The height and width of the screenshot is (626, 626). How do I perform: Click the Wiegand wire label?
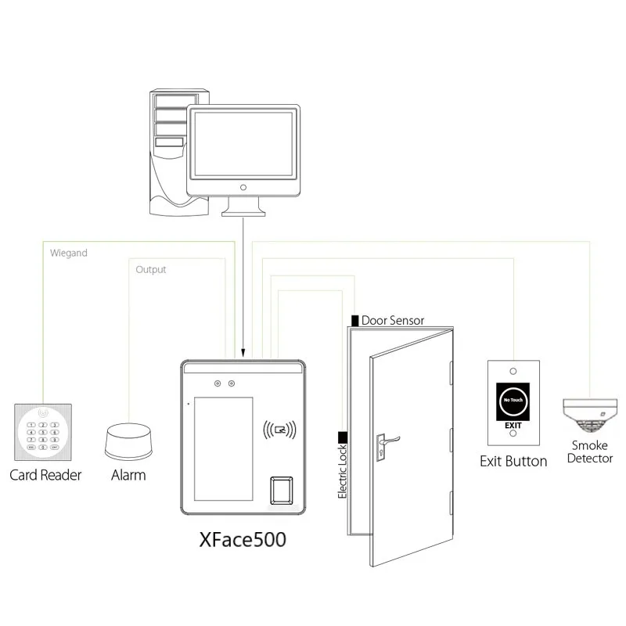pos(69,253)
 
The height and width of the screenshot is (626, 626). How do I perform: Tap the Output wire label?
pos(151,269)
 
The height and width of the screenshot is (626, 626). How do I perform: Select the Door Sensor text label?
pos(393,321)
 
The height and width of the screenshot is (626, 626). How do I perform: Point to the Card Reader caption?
pos(45,475)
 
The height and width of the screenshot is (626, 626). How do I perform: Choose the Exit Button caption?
pos(513,461)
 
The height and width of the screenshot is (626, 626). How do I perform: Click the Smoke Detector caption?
pos(590,452)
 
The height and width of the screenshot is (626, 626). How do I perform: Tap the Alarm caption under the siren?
pos(128,475)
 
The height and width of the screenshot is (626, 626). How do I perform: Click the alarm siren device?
pos(129,440)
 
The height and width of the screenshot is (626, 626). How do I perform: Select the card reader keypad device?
pos(43,432)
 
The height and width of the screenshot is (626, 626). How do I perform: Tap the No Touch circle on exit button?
pos(513,399)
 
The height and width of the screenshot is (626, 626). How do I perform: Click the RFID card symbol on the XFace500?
pos(279,429)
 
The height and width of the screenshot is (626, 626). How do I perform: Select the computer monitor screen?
pos(243,143)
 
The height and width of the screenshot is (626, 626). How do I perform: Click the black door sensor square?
pos(355,321)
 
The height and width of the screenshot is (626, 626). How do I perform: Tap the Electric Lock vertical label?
pos(342,470)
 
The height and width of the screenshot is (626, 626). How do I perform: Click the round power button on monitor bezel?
pos(243,188)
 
